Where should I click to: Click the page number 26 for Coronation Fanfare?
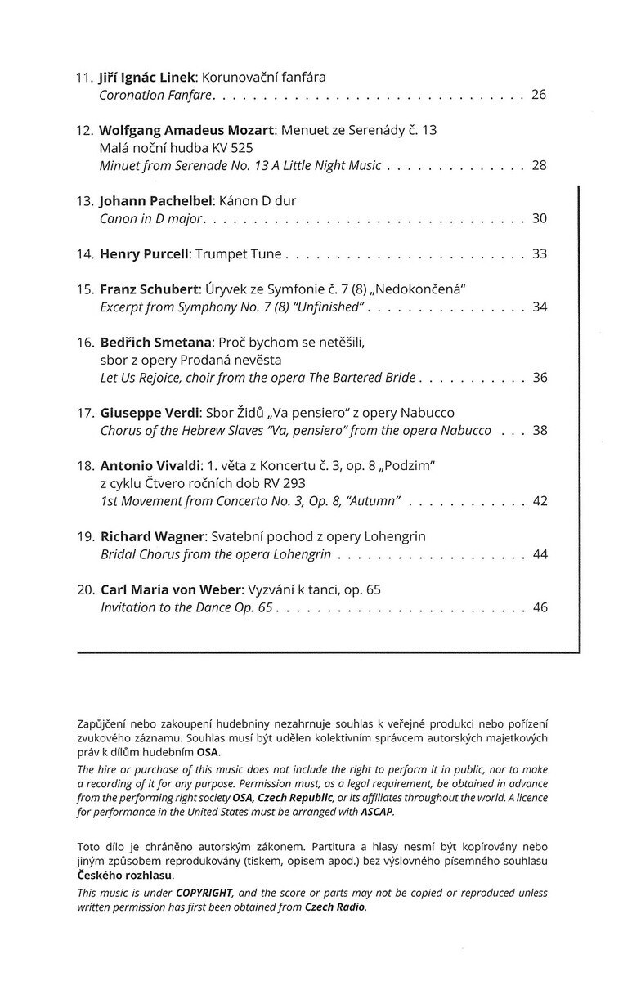click(x=538, y=95)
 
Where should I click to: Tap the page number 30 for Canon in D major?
click(x=538, y=218)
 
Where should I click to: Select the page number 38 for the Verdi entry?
click(x=538, y=430)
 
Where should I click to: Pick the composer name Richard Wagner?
click(x=152, y=536)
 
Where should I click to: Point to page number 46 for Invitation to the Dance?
click(x=538, y=607)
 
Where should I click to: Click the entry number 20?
click(x=86, y=589)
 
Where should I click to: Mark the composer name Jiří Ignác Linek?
click(x=146, y=78)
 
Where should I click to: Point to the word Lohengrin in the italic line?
click(x=299, y=554)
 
